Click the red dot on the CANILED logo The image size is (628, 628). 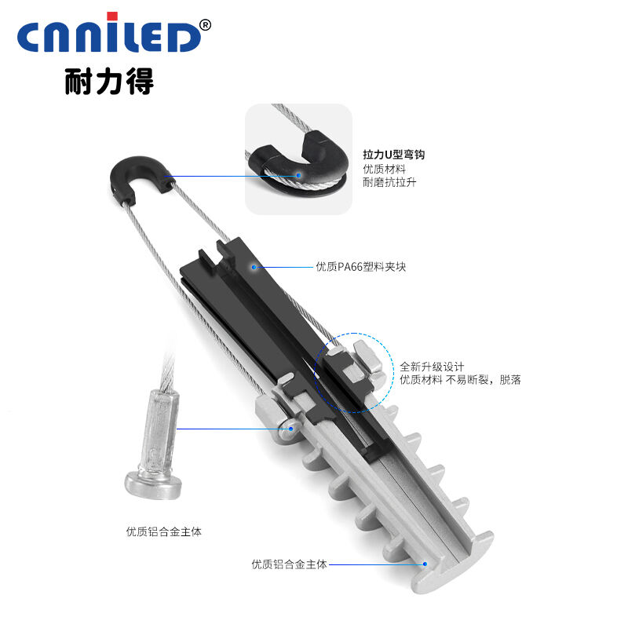(x=112, y=16)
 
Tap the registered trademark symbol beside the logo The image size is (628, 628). (x=205, y=25)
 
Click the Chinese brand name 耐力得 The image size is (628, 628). (x=109, y=82)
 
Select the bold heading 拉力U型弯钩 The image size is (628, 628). (x=394, y=155)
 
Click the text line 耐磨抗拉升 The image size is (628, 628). (x=389, y=182)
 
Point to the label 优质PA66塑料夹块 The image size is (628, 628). (x=361, y=267)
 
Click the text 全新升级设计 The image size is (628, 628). (x=432, y=367)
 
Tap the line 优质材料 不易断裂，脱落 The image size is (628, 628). (x=460, y=380)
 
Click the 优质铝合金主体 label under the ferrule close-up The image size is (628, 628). (x=164, y=531)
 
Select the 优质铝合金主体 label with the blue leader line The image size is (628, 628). (x=289, y=564)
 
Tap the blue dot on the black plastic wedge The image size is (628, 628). (x=254, y=267)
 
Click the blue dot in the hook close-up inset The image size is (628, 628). (x=299, y=175)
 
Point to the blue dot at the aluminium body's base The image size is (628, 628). (x=425, y=564)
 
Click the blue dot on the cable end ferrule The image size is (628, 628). (x=291, y=429)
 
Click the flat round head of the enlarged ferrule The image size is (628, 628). (x=153, y=485)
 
